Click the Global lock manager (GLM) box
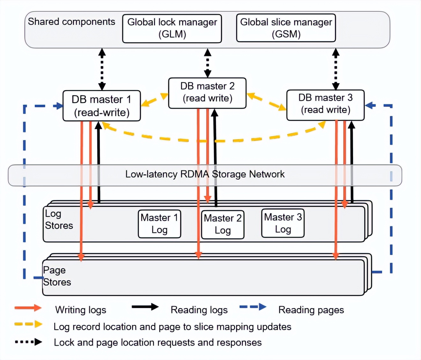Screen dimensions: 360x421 [x=172, y=28]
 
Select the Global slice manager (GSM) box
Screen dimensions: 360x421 [x=286, y=28]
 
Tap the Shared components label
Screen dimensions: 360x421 [x=71, y=22]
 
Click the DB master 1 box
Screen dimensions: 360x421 [x=101, y=106]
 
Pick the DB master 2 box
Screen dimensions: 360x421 [x=207, y=93]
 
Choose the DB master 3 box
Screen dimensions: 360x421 [x=325, y=105]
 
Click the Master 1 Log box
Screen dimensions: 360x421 [x=159, y=224]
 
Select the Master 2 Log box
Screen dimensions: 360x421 [x=223, y=224]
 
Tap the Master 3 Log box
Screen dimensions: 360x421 [x=283, y=223]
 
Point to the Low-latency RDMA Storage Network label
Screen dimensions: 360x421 [x=205, y=174]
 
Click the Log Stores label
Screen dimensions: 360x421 [x=59, y=220]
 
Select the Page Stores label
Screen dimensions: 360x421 [x=57, y=276]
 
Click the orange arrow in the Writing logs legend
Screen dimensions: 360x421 [x=28, y=308]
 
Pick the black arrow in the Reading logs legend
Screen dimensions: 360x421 [x=145, y=307]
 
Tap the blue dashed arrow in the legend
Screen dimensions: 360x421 [x=253, y=307]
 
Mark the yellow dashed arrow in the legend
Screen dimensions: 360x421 [x=28, y=324]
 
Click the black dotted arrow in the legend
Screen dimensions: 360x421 [x=28, y=342]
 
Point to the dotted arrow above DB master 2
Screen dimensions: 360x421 [x=208, y=63]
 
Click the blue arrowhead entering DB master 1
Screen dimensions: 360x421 [x=59, y=106]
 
